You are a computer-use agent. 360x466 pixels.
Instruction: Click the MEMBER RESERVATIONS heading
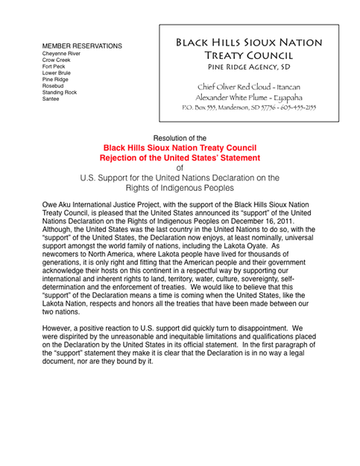point(82,46)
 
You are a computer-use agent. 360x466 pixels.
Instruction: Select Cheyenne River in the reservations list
point(62,54)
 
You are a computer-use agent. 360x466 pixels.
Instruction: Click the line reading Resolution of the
point(179,139)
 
